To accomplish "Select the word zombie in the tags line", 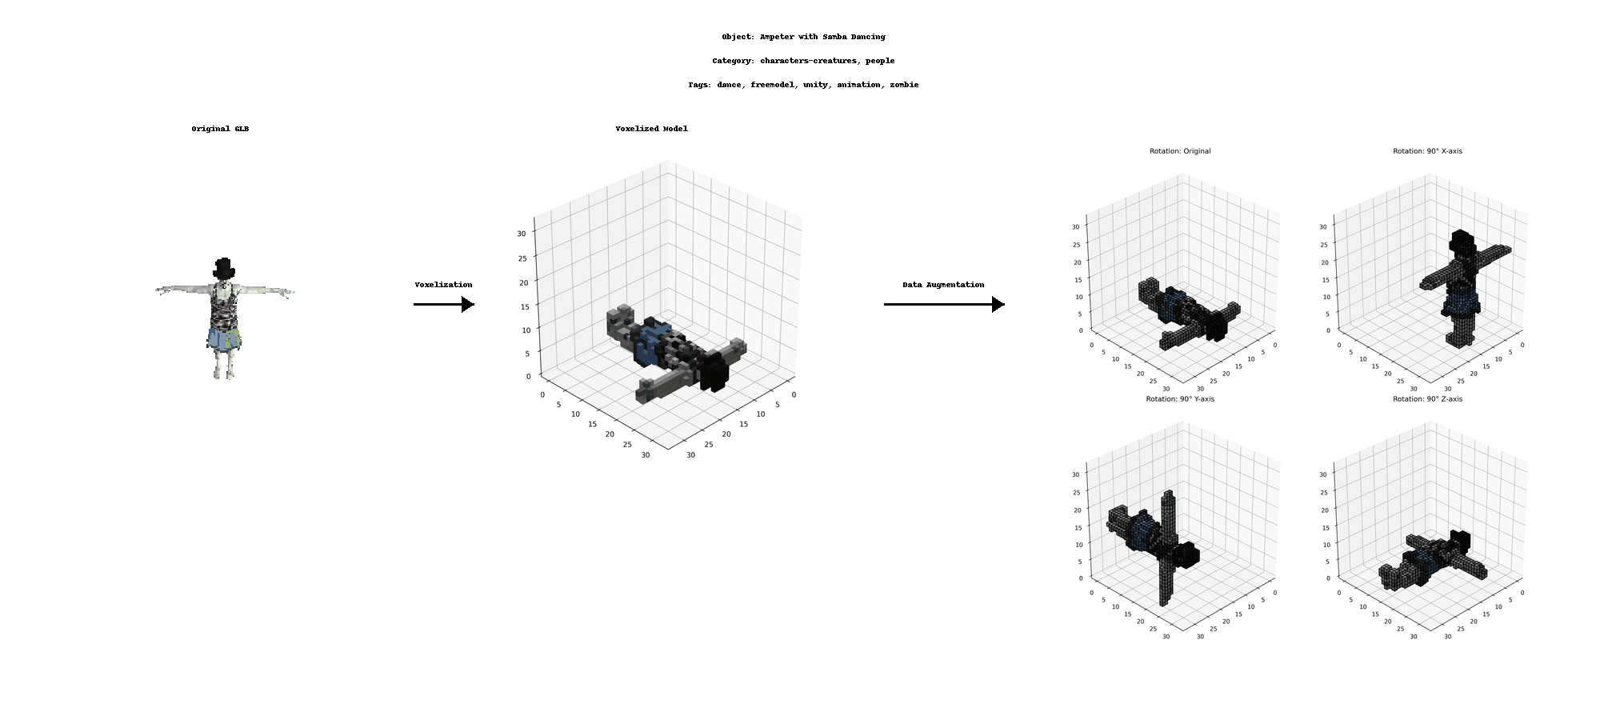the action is tap(904, 85).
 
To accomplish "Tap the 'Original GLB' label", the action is tap(220, 129).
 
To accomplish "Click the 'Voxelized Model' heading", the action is tap(651, 129).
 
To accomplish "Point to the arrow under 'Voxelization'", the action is tap(444, 304).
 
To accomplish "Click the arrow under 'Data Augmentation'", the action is tap(944, 304).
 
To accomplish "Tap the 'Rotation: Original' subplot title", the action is tap(1180, 151).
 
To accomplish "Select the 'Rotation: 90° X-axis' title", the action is tap(1427, 151).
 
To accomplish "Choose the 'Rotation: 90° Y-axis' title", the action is tap(1180, 399).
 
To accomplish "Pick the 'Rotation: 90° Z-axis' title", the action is tap(1427, 399).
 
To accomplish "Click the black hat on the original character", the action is tap(225, 269).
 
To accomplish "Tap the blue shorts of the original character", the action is tap(223, 338).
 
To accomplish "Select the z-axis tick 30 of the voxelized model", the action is tap(522, 234).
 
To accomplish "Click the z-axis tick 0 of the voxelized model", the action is tap(528, 376).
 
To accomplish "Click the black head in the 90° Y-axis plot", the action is tap(1184, 554).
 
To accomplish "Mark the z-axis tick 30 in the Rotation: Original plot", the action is tap(1076, 227).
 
